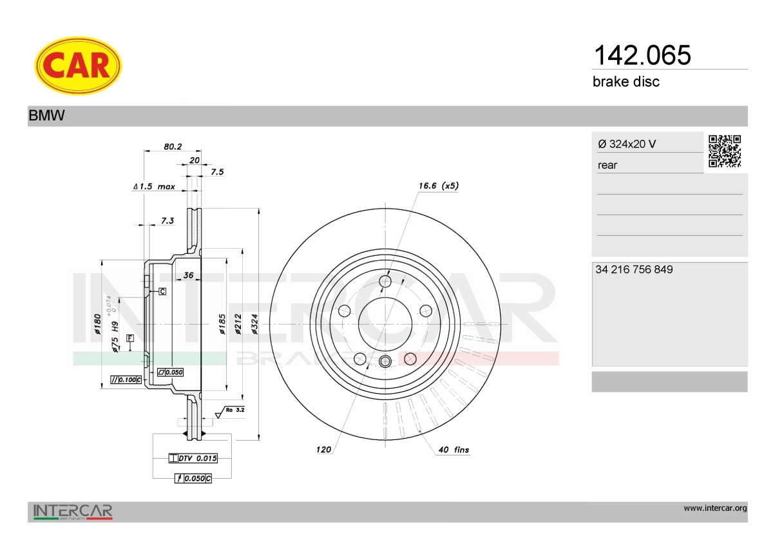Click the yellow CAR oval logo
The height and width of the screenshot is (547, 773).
[78, 66]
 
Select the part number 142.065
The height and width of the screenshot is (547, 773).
[642, 55]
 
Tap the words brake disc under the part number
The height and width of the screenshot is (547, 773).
[626, 82]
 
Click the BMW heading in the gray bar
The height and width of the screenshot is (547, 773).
[46, 115]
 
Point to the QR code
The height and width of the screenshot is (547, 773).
[725, 151]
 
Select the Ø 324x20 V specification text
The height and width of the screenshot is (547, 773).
[627, 144]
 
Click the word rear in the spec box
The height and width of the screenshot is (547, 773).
[607, 166]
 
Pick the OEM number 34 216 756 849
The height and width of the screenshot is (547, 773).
[634, 269]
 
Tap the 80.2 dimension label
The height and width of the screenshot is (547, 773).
[173, 147]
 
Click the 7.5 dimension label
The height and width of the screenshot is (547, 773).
[218, 172]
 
